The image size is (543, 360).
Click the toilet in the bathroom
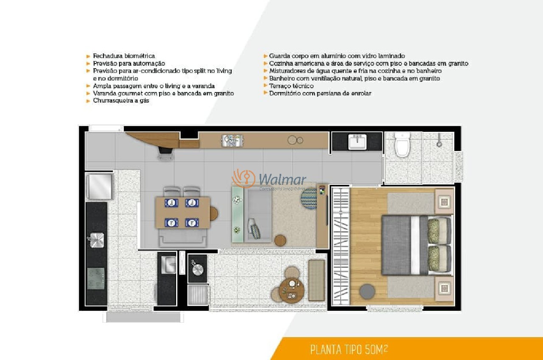point(402,145)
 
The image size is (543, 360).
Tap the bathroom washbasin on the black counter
point(357,142)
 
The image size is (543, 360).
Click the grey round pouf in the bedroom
point(367,292)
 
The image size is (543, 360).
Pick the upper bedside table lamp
point(444,201)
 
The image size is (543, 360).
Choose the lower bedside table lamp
point(444,288)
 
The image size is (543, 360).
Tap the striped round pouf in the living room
point(309,196)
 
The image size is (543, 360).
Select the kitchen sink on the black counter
point(96,240)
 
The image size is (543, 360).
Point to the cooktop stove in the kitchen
point(96,278)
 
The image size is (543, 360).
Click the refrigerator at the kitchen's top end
point(100,186)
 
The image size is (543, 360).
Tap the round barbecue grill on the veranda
point(197,268)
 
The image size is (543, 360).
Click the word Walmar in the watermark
point(282,180)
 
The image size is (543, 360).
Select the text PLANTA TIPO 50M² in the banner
point(349,350)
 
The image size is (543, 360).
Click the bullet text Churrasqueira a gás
point(121,101)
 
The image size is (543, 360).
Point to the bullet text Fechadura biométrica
point(124,56)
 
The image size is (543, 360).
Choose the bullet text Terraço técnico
point(291,86)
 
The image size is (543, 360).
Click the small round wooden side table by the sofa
point(280,240)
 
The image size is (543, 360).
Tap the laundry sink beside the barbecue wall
point(168,265)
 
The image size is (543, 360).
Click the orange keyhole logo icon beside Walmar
point(243,179)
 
